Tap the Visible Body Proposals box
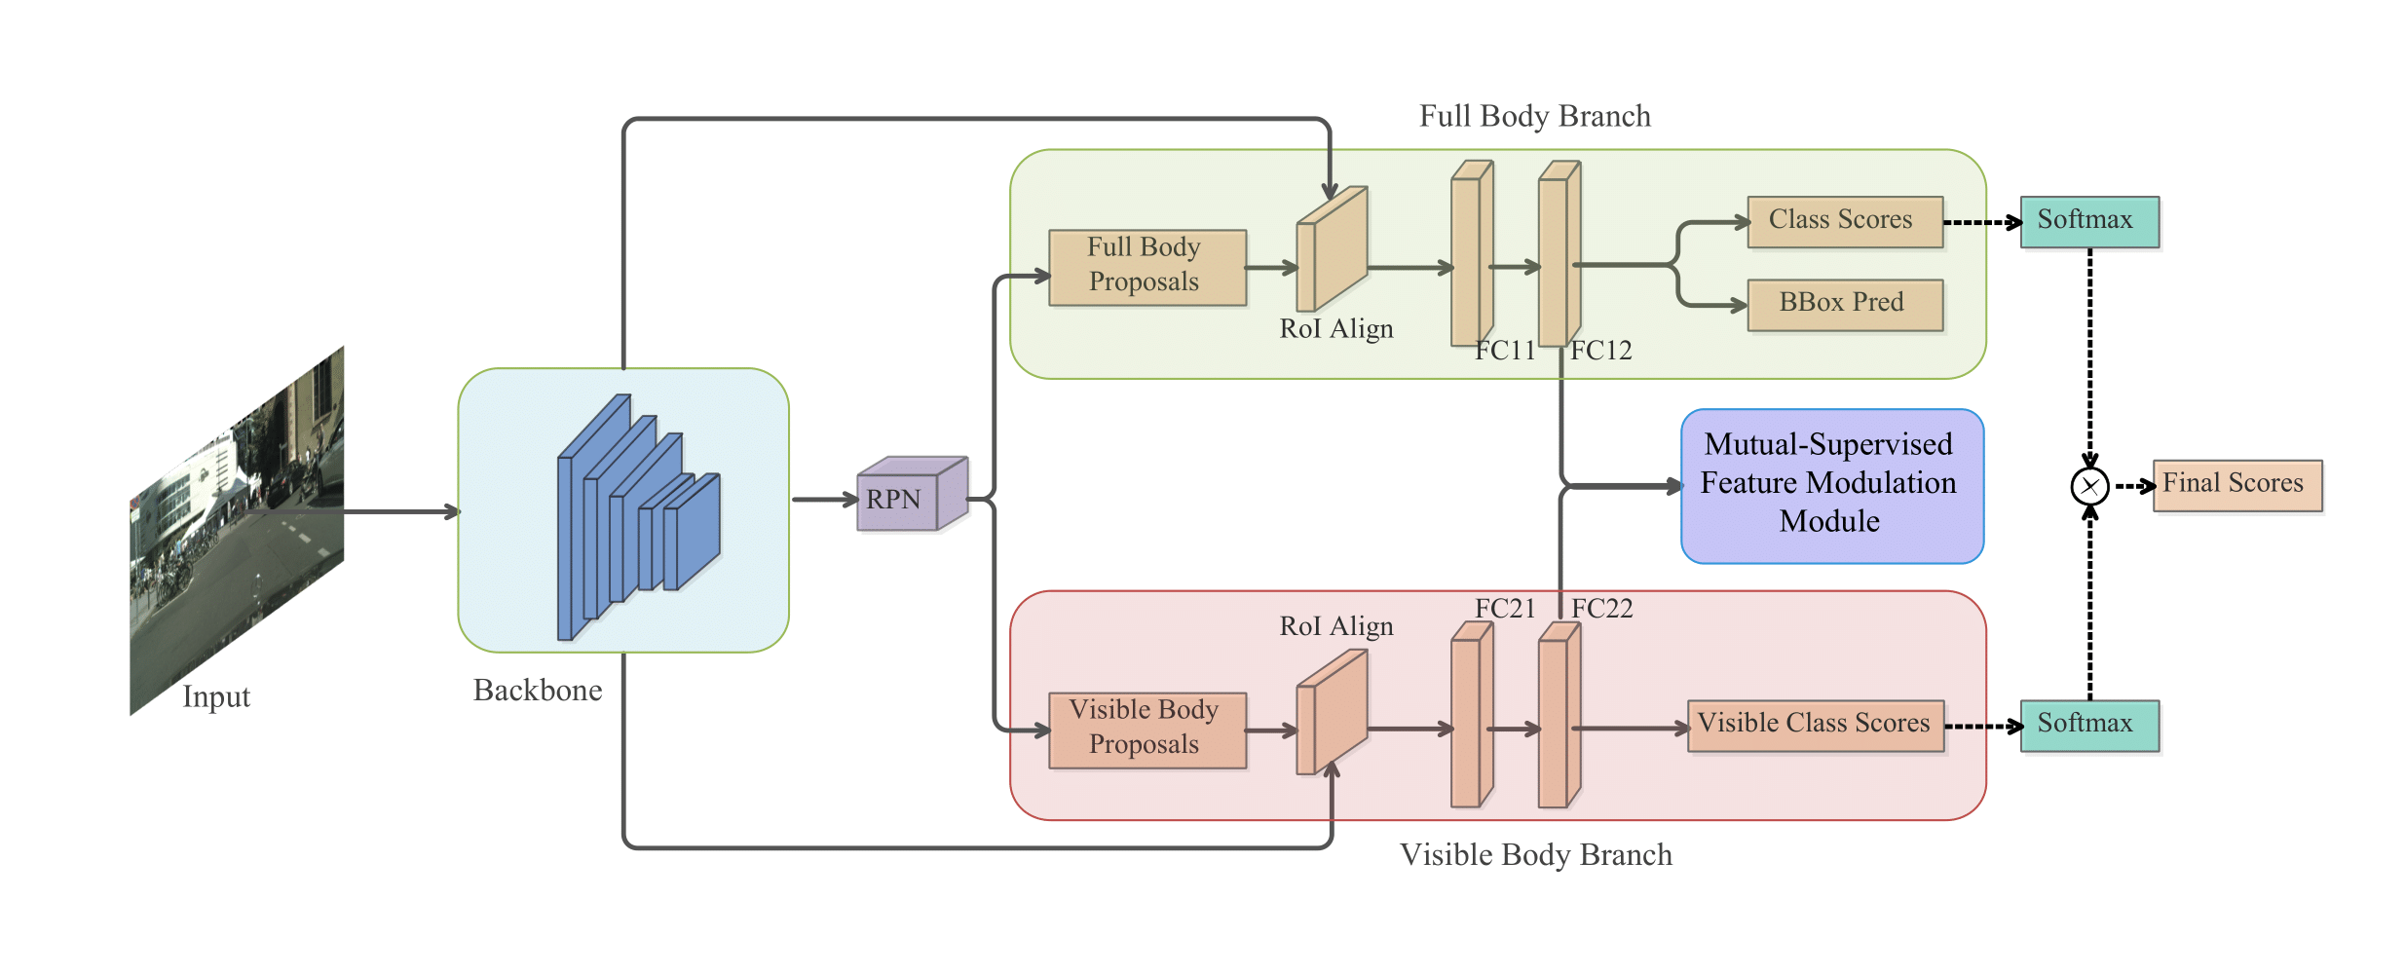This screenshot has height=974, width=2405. (x=1146, y=730)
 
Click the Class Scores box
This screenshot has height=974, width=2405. (x=1844, y=221)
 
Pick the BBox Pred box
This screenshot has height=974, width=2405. (x=1844, y=304)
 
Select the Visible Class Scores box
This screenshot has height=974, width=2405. (x=1815, y=726)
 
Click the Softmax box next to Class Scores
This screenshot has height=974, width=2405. (x=2088, y=221)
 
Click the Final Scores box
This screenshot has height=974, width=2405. (x=2236, y=485)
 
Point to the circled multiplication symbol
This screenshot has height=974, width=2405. (x=2088, y=486)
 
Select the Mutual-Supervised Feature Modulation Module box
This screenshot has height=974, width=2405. (x=1831, y=485)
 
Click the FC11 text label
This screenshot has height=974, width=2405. (x=1505, y=351)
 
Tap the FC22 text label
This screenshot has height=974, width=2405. (x=1601, y=609)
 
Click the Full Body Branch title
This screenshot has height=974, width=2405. (x=1534, y=117)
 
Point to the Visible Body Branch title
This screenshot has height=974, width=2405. (x=1535, y=855)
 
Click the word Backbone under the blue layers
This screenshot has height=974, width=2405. (x=538, y=691)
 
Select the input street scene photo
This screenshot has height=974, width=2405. (x=237, y=531)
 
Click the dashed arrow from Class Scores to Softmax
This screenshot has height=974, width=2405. (x=1981, y=222)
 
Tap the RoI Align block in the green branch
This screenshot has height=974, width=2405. (x=1332, y=249)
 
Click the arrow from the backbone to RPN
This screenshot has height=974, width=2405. (x=823, y=500)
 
